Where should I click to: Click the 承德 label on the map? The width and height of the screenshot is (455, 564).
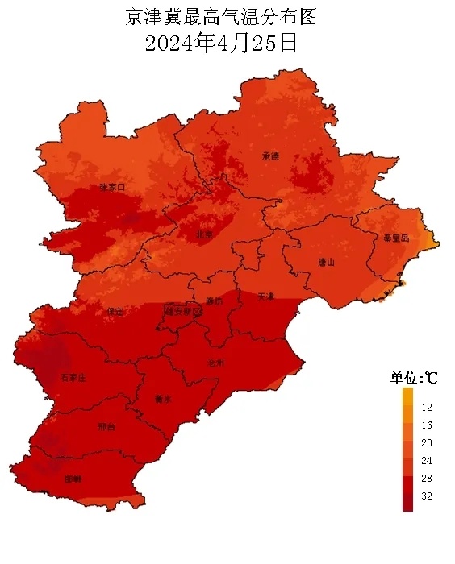click(270, 156)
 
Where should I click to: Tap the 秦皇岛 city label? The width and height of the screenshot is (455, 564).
click(396, 238)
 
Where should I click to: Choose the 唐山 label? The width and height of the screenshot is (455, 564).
click(326, 262)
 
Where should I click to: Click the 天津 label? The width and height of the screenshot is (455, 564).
click(266, 297)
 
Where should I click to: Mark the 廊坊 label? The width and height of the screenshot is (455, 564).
click(214, 301)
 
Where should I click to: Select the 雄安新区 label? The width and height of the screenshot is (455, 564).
click(183, 310)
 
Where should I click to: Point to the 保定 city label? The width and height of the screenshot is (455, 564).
click(115, 311)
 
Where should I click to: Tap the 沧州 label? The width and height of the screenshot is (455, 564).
click(216, 363)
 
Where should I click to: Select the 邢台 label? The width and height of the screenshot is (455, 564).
click(106, 426)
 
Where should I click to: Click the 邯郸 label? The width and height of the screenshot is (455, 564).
click(72, 479)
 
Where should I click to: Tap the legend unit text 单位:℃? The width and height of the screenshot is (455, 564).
click(414, 377)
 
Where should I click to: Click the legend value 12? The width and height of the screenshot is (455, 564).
click(427, 408)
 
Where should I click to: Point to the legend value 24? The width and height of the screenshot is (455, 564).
click(427, 461)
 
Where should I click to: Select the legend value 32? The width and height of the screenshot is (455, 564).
click(427, 496)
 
